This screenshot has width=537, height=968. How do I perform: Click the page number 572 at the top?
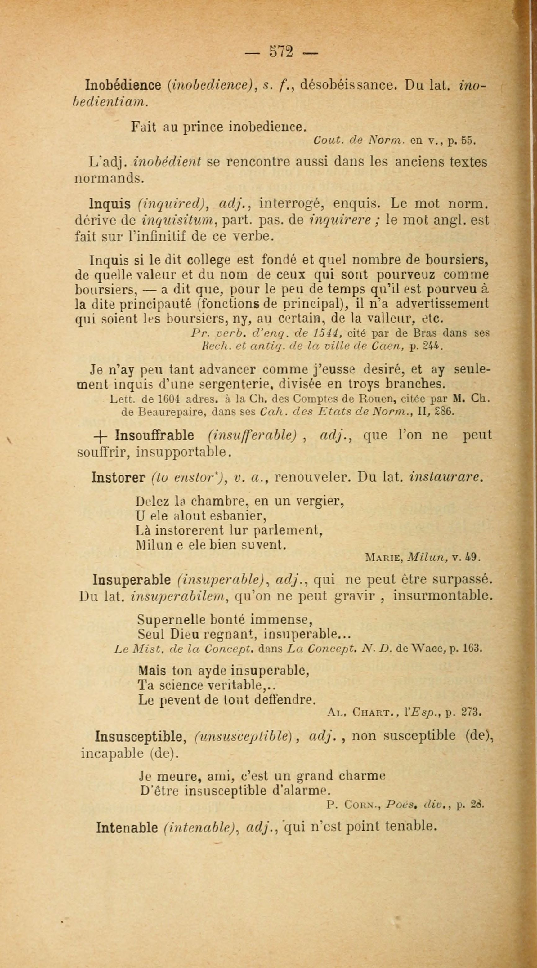[x=281, y=51]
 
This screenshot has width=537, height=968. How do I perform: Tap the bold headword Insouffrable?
[x=154, y=435]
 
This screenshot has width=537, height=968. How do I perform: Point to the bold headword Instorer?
[x=119, y=477]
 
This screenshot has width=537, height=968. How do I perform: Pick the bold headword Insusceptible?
[x=141, y=736]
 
